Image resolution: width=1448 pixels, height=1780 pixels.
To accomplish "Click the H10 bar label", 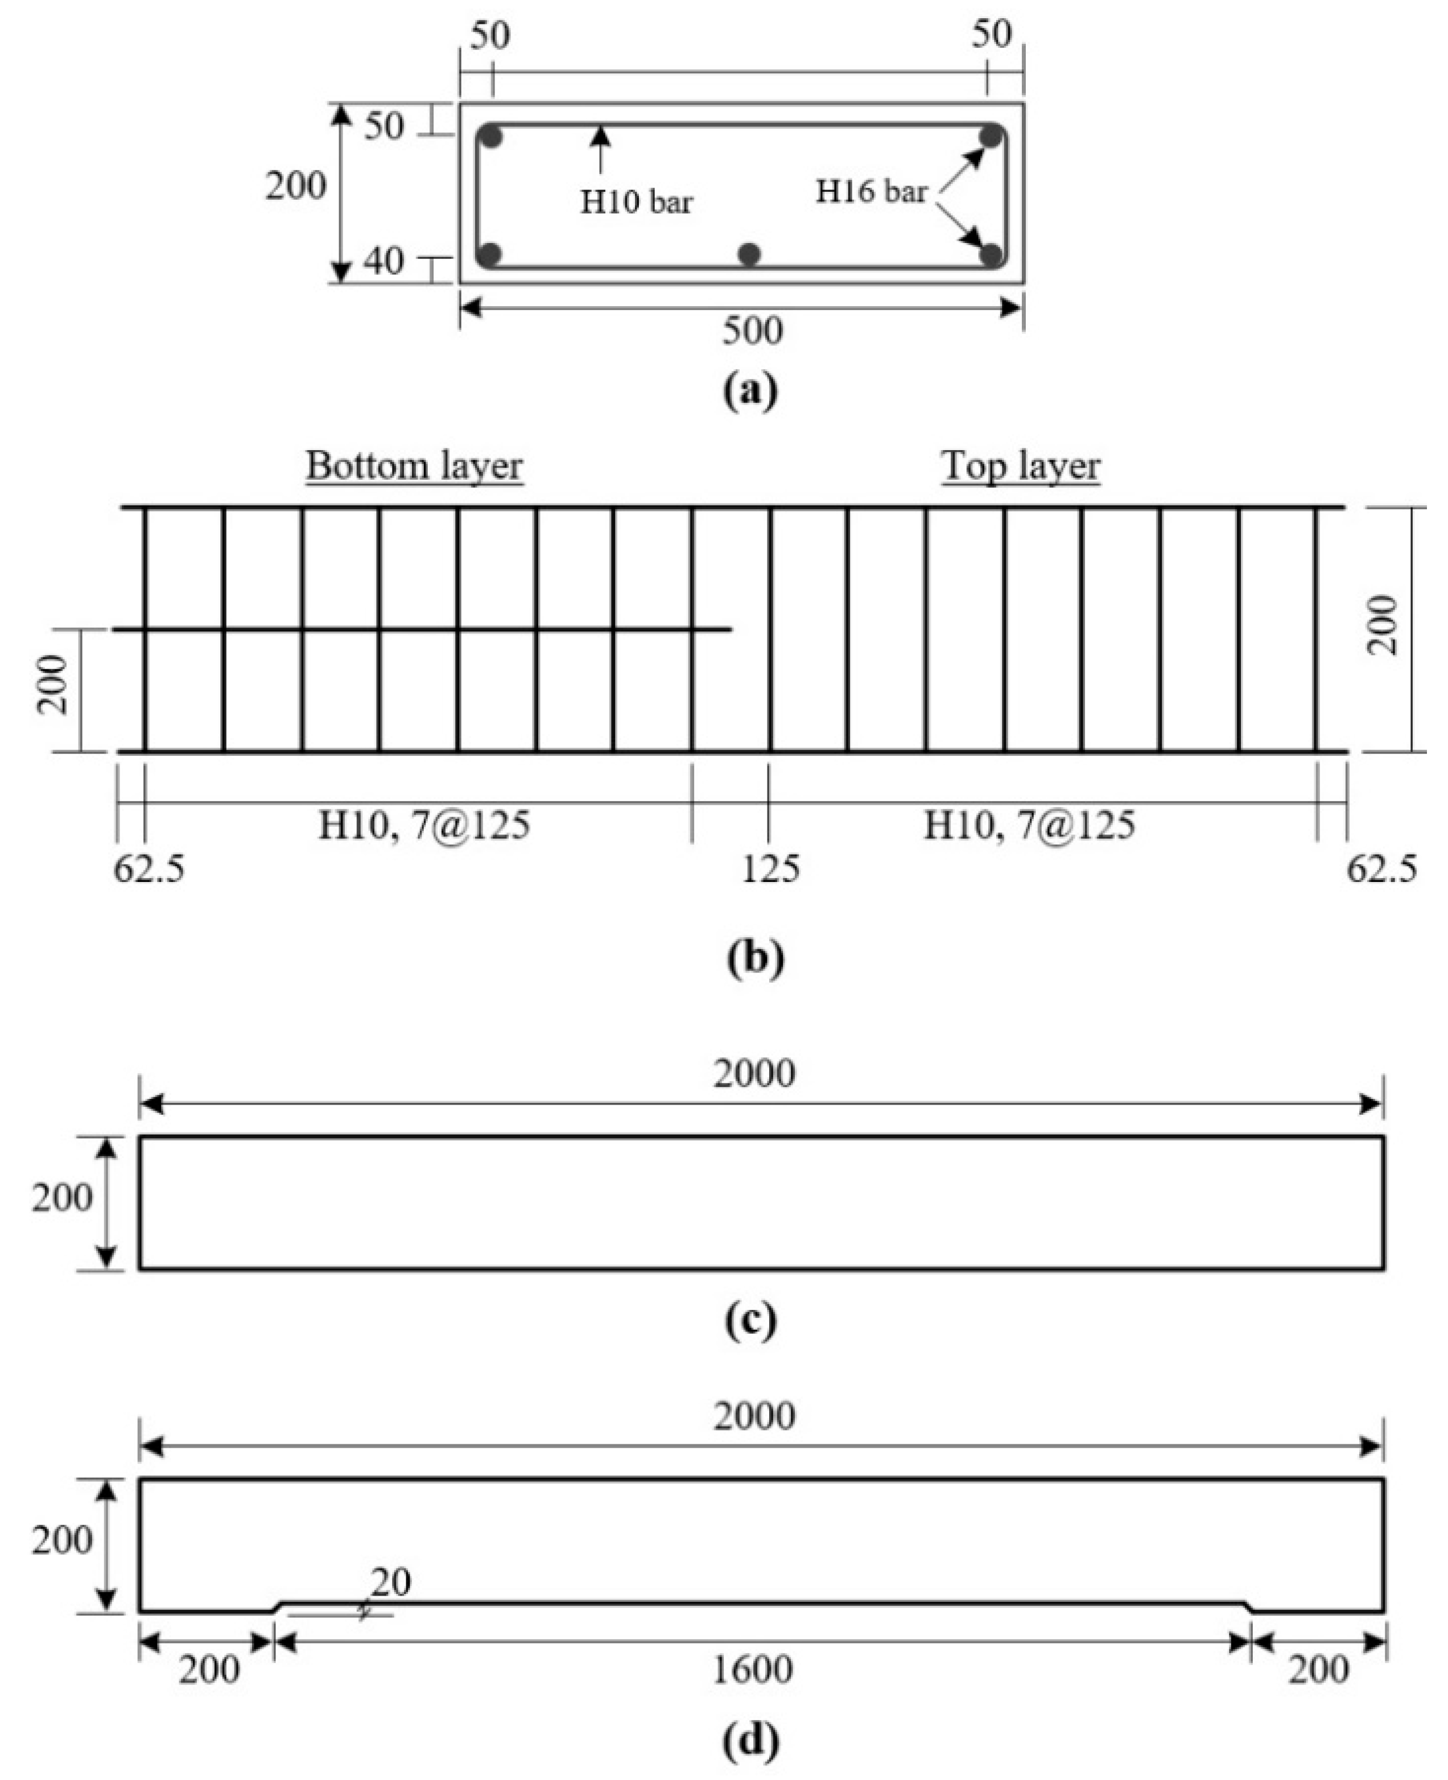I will (x=637, y=202).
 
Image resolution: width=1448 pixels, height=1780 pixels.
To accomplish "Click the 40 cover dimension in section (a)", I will (x=383, y=262).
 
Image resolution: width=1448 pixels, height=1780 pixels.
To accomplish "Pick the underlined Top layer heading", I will (x=1021, y=465).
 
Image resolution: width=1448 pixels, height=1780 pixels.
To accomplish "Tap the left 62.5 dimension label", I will (x=149, y=868).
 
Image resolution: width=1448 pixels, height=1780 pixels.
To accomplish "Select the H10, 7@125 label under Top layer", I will (x=1029, y=826).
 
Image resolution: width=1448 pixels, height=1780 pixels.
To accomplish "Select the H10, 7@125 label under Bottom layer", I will (x=424, y=826).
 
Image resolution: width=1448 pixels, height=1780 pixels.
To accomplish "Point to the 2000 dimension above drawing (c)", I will (x=754, y=1073).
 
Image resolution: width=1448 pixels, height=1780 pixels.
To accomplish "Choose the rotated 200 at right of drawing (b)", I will (x=1384, y=625).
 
